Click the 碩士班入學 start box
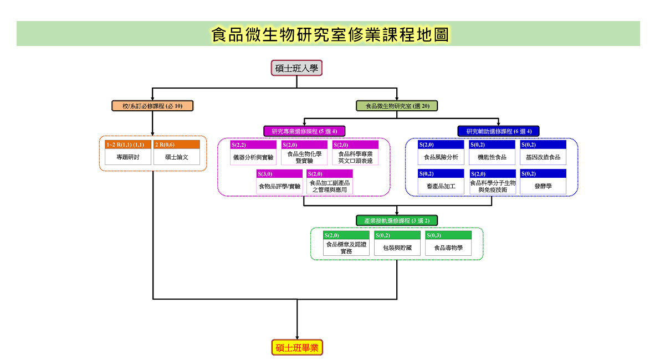[x=296, y=68]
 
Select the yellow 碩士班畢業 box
[x=297, y=347]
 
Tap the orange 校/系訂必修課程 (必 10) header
[x=152, y=106]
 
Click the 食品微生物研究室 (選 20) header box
[x=397, y=106]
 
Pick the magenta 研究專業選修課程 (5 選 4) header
[x=304, y=131]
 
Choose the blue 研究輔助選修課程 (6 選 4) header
[x=498, y=131]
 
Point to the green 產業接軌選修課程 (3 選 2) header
[x=397, y=220]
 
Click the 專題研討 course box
[x=128, y=152]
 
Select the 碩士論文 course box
[x=177, y=152]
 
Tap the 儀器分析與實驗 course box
[x=253, y=152]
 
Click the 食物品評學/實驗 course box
[x=279, y=182]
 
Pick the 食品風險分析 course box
[x=441, y=152]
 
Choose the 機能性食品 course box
[x=492, y=152]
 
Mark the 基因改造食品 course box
[x=543, y=152]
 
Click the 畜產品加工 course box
[x=441, y=182]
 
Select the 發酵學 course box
[x=543, y=182]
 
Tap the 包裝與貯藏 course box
[x=397, y=243]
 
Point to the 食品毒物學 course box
[x=448, y=243]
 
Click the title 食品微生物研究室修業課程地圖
[x=330, y=34]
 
